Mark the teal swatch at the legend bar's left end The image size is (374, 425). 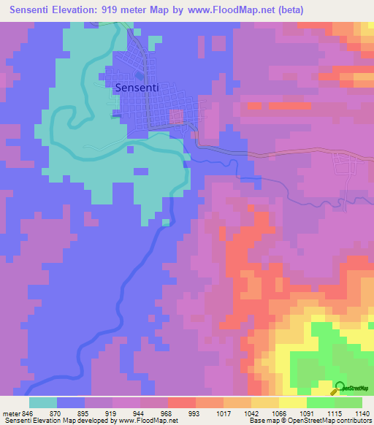42,402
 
